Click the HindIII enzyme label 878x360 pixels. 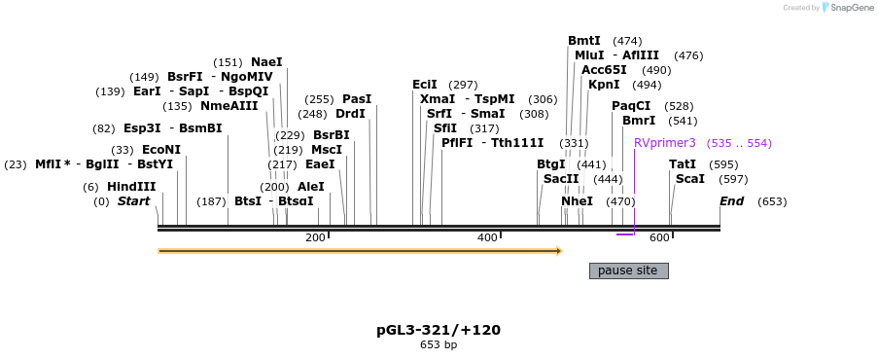(x=131, y=187)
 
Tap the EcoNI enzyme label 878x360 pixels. (x=160, y=150)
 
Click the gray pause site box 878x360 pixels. (x=628, y=270)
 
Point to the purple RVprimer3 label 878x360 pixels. (x=665, y=143)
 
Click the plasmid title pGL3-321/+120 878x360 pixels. (x=439, y=330)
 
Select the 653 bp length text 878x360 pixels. (x=439, y=344)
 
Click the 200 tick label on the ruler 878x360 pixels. (x=315, y=238)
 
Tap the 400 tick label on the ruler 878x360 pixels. (x=487, y=238)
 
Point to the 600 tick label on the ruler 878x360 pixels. (x=659, y=238)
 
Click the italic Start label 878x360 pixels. (x=134, y=201)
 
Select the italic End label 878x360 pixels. (x=731, y=201)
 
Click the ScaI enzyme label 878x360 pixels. (x=689, y=179)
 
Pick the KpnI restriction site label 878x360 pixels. (x=604, y=85)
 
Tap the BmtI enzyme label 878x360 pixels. (x=584, y=41)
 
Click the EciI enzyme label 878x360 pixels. (x=425, y=85)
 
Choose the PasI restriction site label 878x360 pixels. (x=357, y=99)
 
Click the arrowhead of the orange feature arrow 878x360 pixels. (x=559, y=251)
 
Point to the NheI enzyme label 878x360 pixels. (x=577, y=201)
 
